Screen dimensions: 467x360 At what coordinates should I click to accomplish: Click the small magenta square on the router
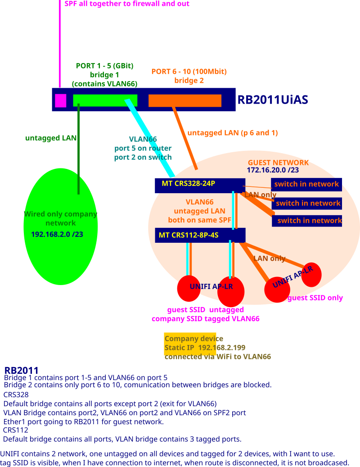point(60,101)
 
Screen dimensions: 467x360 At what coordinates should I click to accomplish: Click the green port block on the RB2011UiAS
point(105,100)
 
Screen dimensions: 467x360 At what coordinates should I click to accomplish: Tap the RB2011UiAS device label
point(272,100)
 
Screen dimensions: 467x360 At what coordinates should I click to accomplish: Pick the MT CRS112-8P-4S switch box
point(200,235)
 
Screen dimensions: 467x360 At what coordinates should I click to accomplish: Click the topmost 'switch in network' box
point(306,184)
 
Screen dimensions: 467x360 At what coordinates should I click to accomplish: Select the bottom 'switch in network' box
point(307,221)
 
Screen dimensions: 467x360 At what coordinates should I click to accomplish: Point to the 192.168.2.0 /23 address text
point(57,234)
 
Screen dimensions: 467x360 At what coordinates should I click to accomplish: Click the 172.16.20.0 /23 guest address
point(273,170)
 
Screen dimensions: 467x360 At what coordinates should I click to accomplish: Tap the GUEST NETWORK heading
point(278,163)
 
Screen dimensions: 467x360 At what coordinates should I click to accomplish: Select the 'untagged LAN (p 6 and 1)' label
point(232,133)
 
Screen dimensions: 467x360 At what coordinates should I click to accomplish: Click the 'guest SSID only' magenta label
point(315,298)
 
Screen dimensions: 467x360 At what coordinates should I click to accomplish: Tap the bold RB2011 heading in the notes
point(21,370)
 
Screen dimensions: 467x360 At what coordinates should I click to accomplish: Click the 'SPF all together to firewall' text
point(127,4)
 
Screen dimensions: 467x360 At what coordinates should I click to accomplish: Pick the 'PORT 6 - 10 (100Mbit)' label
point(189,72)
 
